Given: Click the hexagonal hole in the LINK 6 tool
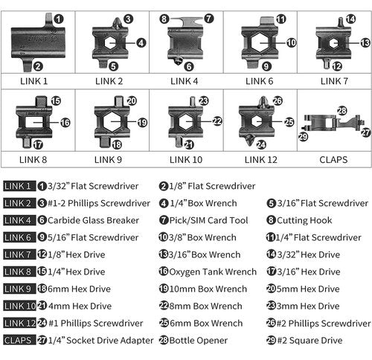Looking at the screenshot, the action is click(260, 42).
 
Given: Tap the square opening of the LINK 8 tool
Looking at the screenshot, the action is click(34, 122).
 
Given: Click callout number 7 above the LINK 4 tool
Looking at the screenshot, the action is click(209, 19).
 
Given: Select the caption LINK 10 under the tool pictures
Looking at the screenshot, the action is click(186, 160).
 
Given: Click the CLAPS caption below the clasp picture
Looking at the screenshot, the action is click(333, 160).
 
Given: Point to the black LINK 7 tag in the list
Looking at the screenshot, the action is click(19, 254).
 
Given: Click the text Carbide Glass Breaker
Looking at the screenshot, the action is click(93, 220).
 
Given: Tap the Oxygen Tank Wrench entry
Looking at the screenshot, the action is click(213, 271).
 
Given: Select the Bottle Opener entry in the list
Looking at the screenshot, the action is click(198, 341).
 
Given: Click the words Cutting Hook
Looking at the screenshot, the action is click(304, 220).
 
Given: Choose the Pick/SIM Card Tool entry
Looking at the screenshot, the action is click(208, 220).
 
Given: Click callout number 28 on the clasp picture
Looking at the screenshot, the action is click(342, 111).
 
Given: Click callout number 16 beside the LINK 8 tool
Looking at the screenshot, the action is click(65, 123).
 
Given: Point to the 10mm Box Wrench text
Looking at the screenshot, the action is click(208, 289).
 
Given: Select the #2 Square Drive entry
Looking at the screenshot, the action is click(310, 341).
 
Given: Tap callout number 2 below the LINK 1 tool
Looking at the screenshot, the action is click(38, 66).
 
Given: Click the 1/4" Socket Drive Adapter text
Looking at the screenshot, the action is click(100, 341).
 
